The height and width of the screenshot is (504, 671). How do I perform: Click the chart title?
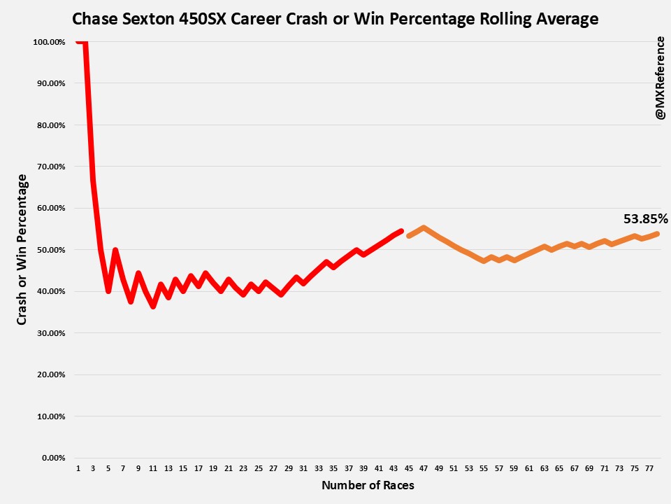click(x=335, y=19)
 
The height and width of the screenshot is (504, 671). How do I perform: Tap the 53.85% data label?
click(x=645, y=219)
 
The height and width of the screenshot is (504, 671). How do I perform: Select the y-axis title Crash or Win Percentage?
click(x=22, y=250)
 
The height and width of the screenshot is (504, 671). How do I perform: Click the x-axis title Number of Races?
click(x=368, y=485)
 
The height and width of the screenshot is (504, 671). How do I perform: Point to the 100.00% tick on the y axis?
click(x=49, y=42)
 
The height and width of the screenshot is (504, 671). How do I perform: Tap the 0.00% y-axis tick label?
click(x=53, y=458)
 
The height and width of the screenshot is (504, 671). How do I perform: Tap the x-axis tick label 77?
click(x=650, y=468)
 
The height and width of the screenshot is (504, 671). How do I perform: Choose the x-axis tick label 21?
click(x=229, y=468)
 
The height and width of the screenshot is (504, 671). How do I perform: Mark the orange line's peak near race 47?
click(x=424, y=227)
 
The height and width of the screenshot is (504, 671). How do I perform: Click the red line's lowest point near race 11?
click(x=153, y=307)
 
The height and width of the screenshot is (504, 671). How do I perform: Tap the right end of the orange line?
click(x=658, y=234)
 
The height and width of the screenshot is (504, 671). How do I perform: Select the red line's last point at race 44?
click(x=401, y=231)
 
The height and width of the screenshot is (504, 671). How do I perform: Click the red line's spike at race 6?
click(x=115, y=250)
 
